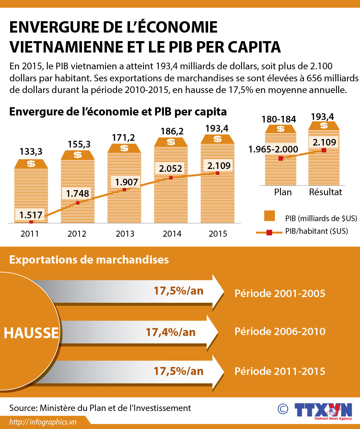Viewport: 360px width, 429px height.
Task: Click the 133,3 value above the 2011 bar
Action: (x=31, y=152)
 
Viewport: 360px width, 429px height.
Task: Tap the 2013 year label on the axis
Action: (x=125, y=234)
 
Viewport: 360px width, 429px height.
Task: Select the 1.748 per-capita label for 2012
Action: (x=78, y=194)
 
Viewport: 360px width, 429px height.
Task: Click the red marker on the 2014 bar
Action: (x=171, y=178)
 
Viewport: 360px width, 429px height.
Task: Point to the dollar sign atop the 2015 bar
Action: (x=217, y=139)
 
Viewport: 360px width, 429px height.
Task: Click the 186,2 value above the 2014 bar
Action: (x=172, y=131)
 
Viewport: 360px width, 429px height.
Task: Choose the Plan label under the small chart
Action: (x=283, y=192)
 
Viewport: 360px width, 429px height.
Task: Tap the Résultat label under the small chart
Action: (x=325, y=192)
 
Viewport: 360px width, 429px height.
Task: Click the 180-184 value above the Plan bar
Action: (x=279, y=119)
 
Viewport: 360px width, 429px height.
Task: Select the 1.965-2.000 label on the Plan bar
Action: (x=273, y=149)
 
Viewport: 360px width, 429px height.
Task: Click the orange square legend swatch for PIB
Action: (x=270, y=216)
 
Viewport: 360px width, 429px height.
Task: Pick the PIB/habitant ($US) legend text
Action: (x=316, y=231)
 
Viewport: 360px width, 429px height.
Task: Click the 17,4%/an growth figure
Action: (x=171, y=332)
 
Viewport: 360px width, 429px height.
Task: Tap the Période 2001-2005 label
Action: (x=280, y=293)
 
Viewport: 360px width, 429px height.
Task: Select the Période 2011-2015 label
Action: (x=280, y=371)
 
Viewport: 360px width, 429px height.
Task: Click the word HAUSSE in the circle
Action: (x=31, y=333)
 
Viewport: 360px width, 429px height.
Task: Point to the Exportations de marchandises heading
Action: (x=89, y=259)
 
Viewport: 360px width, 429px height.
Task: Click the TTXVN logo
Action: (x=323, y=411)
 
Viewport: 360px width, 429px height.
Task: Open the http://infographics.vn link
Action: (x=43, y=422)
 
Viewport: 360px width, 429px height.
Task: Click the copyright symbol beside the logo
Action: (x=283, y=409)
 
